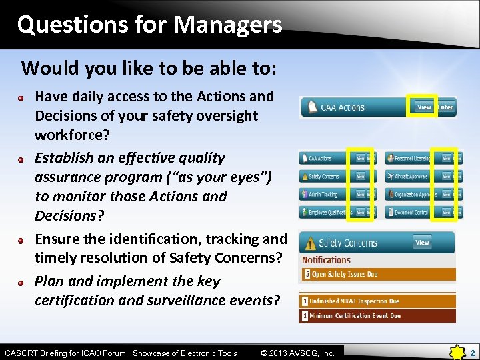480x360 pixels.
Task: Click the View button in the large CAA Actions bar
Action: click(x=424, y=107)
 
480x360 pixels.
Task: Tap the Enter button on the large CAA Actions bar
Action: click(x=445, y=107)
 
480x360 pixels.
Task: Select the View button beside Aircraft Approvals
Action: click(x=447, y=177)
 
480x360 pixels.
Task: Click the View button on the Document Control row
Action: click(x=447, y=212)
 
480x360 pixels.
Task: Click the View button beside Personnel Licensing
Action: click(x=447, y=159)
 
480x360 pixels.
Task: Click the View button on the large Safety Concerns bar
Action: click(x=423, y=243)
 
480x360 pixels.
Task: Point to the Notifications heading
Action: click(x=326, y=260)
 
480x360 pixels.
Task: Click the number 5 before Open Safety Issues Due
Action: click(x=307, y=274)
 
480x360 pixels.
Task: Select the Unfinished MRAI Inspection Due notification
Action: click(x=353, y=301)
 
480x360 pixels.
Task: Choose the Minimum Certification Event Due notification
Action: click(x=353, y=316)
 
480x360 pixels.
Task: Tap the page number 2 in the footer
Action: click(x=471, y=352)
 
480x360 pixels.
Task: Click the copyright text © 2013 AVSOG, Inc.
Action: click(x=297, y=353)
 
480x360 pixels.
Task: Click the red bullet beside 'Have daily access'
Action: click(x=22, y=97)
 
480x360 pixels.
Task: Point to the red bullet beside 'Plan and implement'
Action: click(x=22, y=282)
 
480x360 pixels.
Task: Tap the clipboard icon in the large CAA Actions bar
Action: click(x=311, y=107)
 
